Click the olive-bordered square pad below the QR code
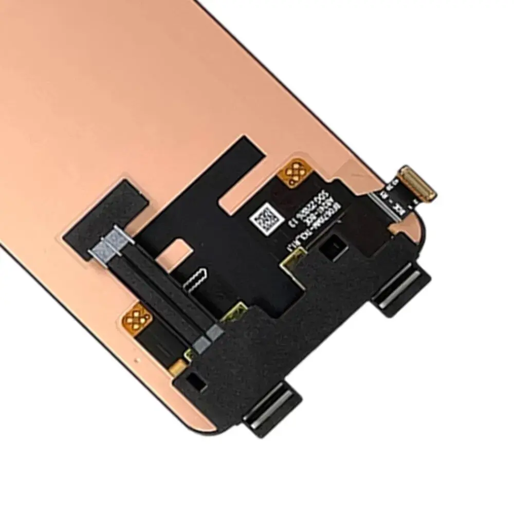tap(290, 262)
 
